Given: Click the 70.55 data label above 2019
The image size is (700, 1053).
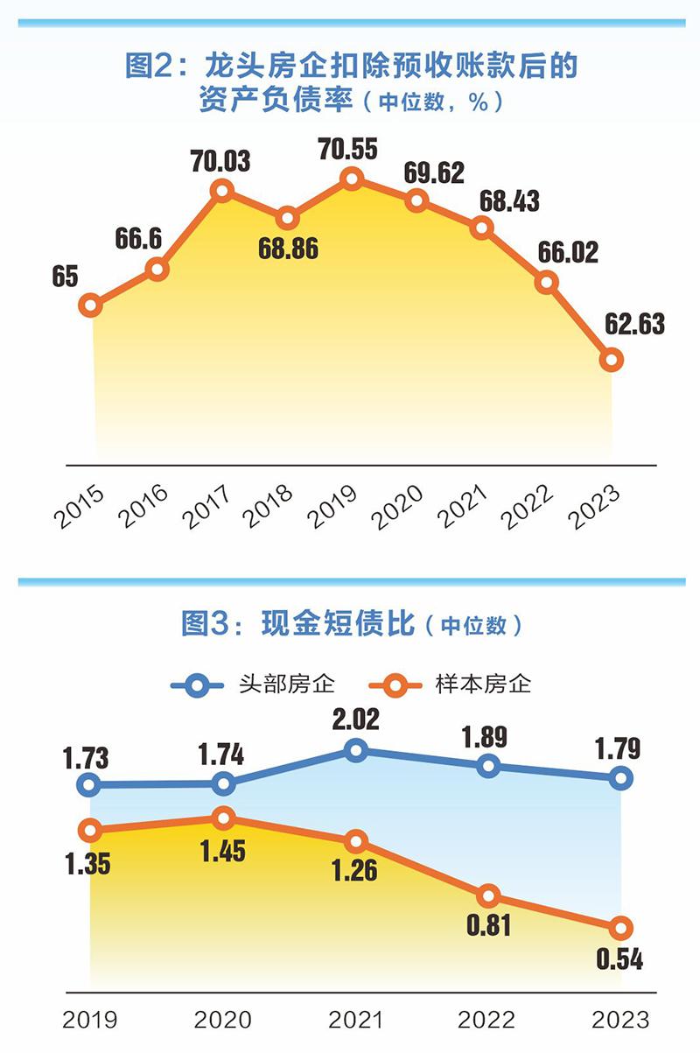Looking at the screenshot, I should point(348,150).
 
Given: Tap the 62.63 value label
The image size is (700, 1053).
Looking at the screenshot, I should point(633,324).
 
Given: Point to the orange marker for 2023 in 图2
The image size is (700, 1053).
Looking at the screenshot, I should point(612,359).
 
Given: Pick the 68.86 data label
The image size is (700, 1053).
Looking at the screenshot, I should point(288,249).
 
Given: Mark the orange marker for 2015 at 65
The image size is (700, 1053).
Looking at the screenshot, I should point(91,305).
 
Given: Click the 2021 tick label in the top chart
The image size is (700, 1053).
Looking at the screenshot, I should point(465,505).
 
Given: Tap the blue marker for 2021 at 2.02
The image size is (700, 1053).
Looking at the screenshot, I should point(354,750).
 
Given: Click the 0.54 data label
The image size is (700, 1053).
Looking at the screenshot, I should point(619,959).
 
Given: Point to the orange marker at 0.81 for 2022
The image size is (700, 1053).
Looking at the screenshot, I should point(488,895).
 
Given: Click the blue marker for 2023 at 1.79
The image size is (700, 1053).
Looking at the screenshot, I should point(620,777).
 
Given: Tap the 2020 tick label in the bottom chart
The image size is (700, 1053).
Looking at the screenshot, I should point(222,1020).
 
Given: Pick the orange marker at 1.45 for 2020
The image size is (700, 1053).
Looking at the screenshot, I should point(224,818).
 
